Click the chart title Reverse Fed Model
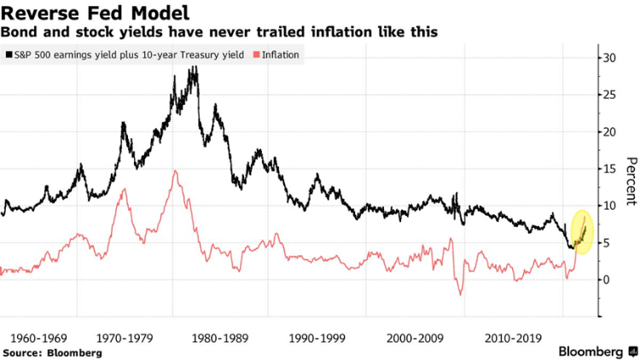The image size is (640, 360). tap(95, 13)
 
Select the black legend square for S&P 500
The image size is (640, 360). tap(9, 55)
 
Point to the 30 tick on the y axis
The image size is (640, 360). tap(607, 58)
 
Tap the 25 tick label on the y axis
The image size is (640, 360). tap(607, 95)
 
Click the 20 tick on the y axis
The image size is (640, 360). tap(607, 132)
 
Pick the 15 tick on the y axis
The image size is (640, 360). tap(607, 169)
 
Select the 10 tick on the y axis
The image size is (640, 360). tap(607, 206)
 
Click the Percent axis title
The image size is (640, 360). tap(630, 181)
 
